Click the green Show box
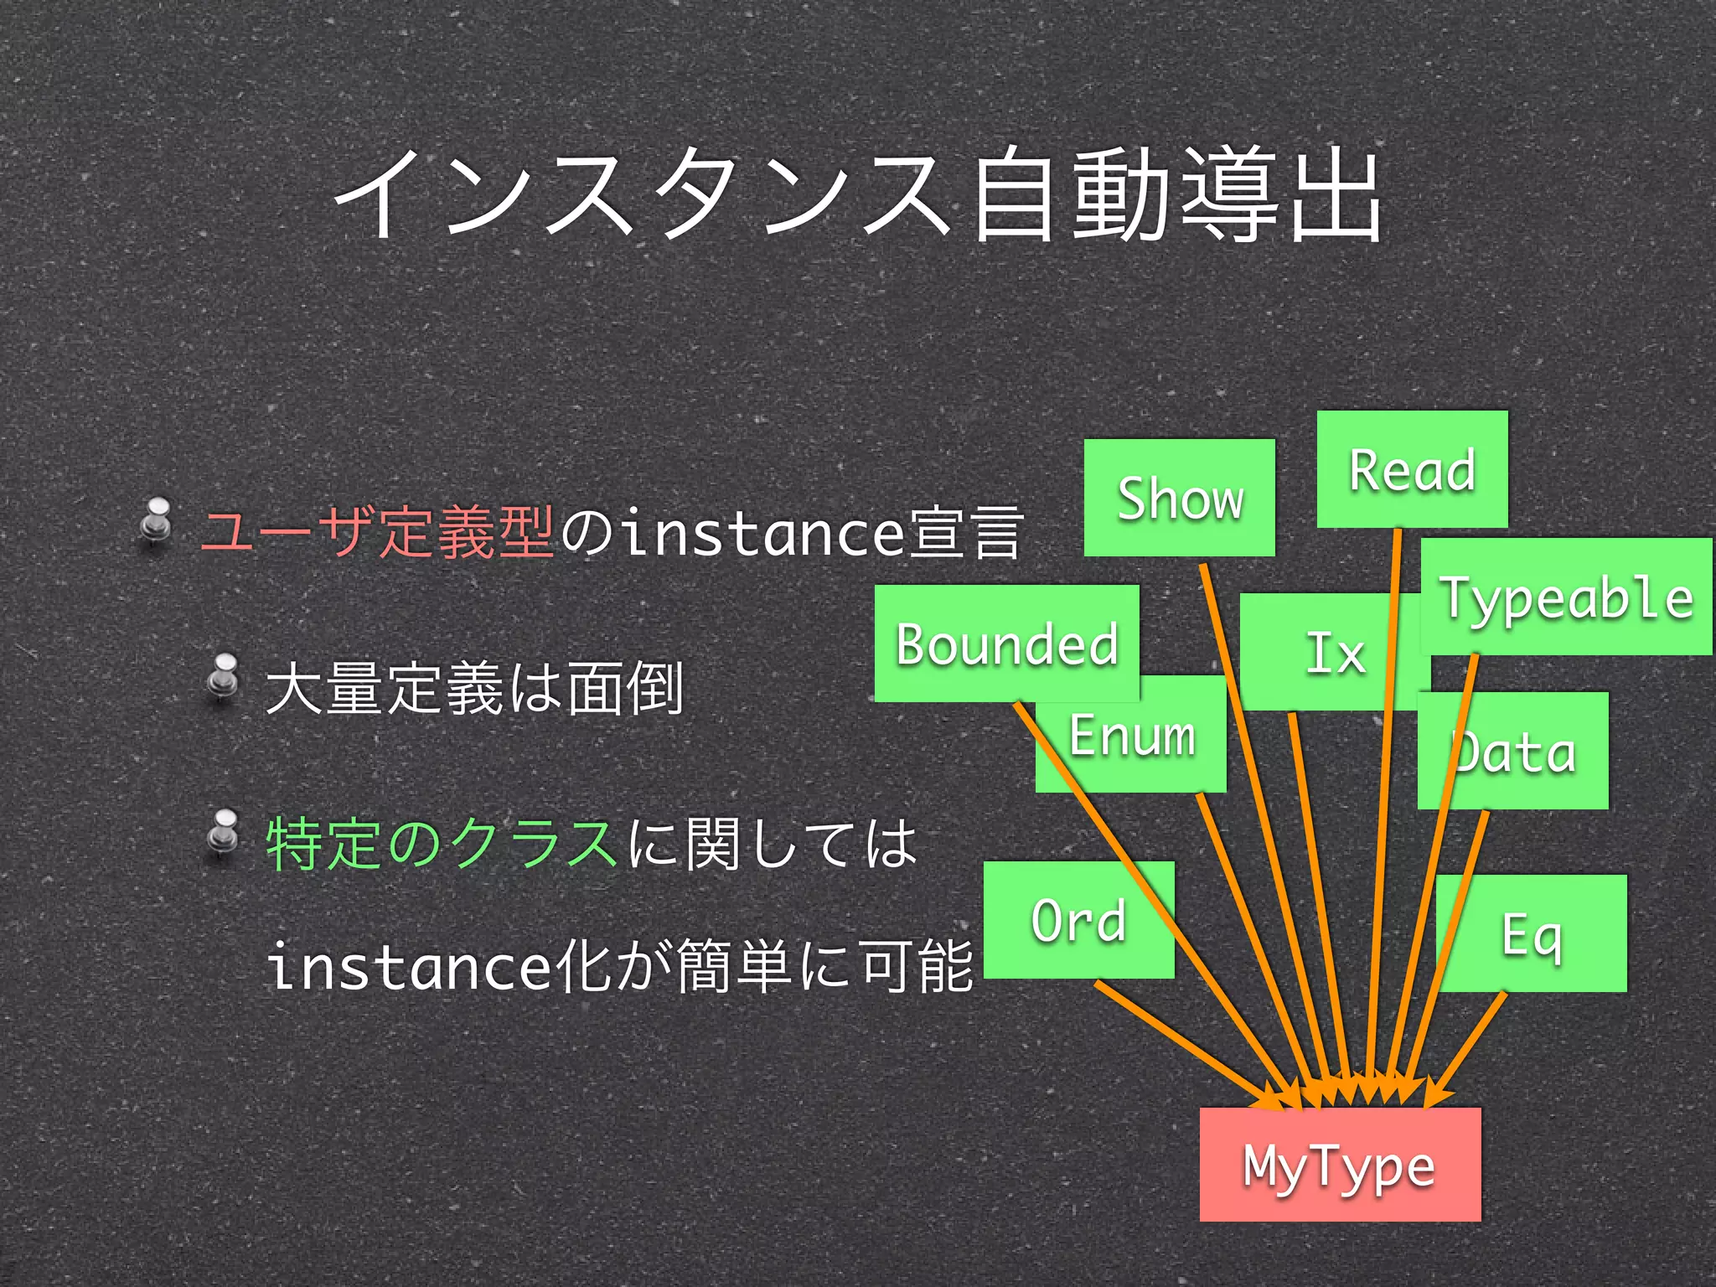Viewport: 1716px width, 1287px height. coord(1179,498)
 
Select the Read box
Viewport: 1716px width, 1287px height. coord(1412,469)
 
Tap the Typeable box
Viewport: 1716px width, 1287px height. coord(1566,597)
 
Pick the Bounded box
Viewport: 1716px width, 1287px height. coord(1006,643)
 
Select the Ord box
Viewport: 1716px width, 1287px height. coord(1078,920)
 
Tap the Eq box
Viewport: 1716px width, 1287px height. coord(1532,934)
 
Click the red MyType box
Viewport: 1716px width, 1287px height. coord(1340,1165)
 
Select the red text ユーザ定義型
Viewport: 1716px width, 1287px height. coord(376,532)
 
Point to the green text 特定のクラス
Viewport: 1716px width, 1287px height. coord(442,843)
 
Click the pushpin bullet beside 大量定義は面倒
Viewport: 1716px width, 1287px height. coord(222,677)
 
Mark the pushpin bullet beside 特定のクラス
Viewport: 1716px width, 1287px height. coord(222,833)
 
